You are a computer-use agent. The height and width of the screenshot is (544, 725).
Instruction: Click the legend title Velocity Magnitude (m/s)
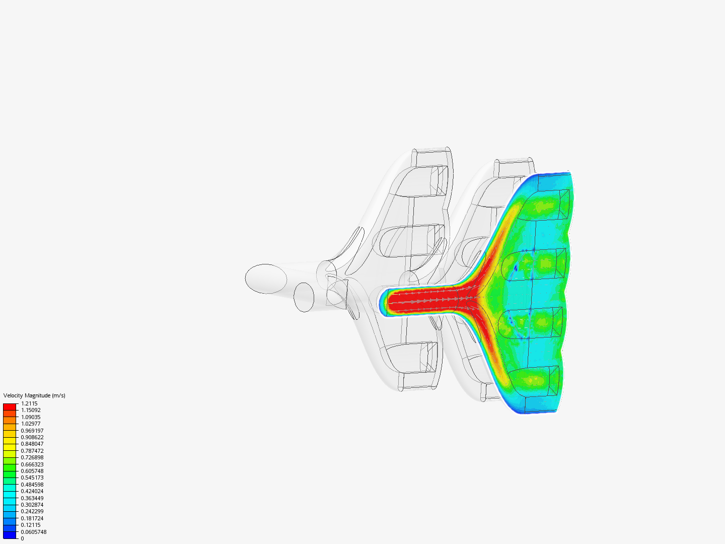tap(34, 395)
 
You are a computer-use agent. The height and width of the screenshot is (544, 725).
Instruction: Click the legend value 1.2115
tap(29, 403)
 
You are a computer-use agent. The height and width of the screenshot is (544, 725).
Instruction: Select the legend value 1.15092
tap(31, 410)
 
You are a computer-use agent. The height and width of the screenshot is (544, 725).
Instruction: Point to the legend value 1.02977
tap(31, 424)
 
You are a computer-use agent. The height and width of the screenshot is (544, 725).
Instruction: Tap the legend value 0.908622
tap(32, 437)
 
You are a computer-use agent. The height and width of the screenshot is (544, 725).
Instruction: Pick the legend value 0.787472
tap(32, 451)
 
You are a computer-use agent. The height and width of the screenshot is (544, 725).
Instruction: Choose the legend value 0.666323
tap(32, 464)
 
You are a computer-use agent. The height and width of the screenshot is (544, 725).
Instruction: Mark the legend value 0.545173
tap(32, 478)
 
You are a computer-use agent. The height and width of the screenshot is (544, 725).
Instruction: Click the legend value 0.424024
tap(32, 491)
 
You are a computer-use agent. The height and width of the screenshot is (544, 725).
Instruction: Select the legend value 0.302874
tap(32, 505)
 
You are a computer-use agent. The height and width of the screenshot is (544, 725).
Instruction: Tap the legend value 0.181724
tap(32, 518)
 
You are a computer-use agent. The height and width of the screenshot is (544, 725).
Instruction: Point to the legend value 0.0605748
tap(34, 532)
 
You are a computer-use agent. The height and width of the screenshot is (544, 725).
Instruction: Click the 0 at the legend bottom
tap(22, 538)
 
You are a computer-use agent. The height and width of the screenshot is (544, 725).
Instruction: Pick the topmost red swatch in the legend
tap(10, 406)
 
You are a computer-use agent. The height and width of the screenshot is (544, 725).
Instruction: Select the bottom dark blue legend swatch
tap(10, 535)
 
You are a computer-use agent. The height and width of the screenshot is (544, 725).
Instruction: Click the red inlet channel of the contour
tap(423, 301)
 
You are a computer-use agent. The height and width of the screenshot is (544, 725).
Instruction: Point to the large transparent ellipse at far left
tap(266, 279)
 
